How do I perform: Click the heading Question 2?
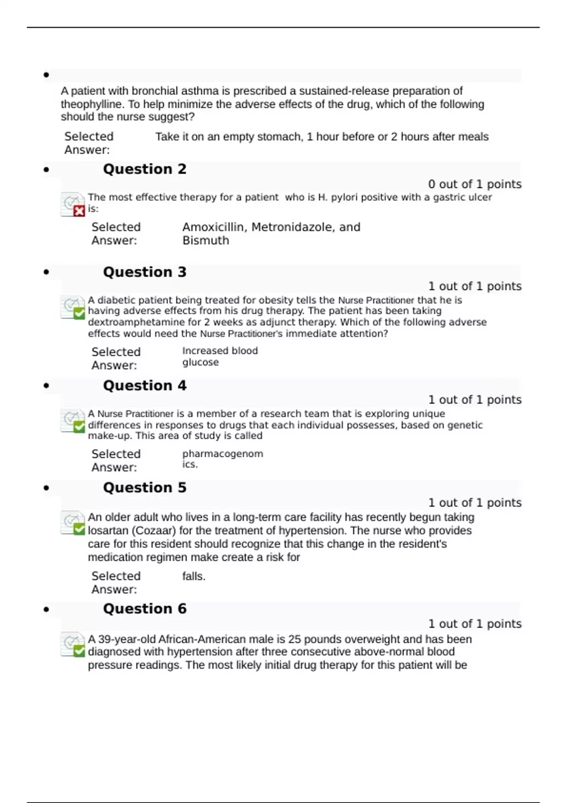(145, 169)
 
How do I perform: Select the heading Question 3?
(145, 272)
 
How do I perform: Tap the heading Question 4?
(145, 385)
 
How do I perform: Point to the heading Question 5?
(145, 487)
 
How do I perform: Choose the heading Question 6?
(145, 608)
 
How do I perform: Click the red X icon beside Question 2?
(79, 211)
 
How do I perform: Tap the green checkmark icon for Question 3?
(79, 313)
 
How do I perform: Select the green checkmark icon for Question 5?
(79, 529)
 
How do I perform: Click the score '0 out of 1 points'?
(474, 184)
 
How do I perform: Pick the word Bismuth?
(206, 240)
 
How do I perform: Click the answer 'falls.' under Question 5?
(194, 576)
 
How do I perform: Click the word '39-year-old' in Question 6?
(127, 639)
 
